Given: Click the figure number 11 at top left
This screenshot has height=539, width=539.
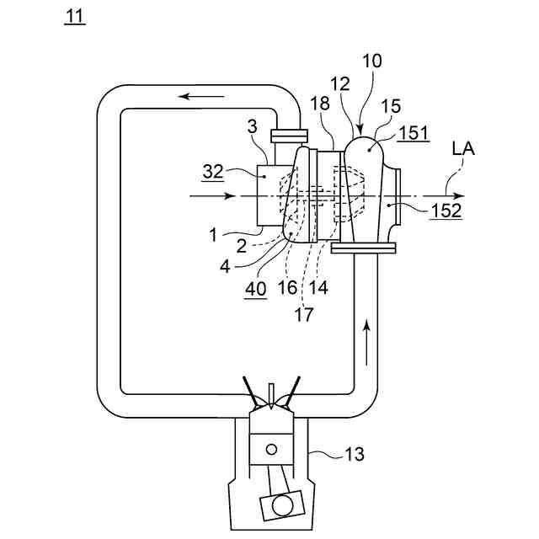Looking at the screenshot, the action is [75, 17].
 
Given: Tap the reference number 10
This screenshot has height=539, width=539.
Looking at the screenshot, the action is [372, 61].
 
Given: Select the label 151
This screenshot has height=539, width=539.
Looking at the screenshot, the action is [414, 133].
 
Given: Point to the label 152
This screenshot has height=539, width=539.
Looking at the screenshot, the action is [446, 211].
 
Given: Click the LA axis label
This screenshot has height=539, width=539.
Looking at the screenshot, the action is [464, 149].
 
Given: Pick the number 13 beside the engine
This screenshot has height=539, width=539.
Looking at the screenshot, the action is [354, 454].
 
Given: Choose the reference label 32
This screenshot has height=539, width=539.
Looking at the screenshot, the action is [213, 172].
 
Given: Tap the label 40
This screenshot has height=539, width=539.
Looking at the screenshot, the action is [256, 289].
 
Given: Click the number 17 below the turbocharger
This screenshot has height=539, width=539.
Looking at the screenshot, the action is [304, 314].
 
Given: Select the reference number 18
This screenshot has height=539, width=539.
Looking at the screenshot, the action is [320, 103].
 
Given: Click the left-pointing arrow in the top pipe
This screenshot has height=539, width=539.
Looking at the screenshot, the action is [201, 97].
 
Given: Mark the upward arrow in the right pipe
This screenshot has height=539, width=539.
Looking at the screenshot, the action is [367, 342].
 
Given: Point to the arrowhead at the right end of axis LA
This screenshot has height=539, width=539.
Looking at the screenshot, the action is [459, 196].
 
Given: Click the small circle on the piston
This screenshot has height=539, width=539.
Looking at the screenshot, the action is [271, 449].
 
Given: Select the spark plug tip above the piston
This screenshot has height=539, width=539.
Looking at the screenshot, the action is [271, 405].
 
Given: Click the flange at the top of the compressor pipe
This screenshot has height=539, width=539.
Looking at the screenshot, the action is [289, 136].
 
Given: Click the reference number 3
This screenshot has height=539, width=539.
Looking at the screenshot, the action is [253, 126].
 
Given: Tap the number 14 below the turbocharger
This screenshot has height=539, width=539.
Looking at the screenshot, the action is [318, 287].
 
